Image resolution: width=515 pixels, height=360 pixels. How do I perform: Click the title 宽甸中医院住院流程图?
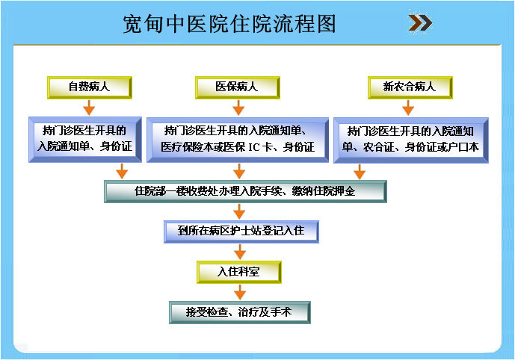tap(229, 24)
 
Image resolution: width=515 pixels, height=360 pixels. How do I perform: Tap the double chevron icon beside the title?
tap(420, 23)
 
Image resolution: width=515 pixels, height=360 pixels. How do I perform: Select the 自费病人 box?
tap(90, 87)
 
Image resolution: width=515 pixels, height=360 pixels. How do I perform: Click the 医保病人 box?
tap(238, 87)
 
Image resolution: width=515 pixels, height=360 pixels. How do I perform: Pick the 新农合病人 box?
tap(410, 87)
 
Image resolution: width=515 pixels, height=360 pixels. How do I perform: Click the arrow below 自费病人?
tap(89, 108)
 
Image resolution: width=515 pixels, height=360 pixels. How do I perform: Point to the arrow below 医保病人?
tap(238, 108)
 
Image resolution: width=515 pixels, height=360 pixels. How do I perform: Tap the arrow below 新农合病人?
tap(408, 108)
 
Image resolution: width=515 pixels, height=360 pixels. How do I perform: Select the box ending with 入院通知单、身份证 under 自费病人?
tap(85, 140)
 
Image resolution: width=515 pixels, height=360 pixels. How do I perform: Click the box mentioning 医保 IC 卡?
tap(238, 140)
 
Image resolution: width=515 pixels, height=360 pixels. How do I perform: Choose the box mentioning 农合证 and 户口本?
tap(411, 140)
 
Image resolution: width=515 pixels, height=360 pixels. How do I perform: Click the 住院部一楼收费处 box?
tap(245, 191)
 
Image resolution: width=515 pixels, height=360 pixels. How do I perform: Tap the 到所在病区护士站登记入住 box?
tap(241, 232)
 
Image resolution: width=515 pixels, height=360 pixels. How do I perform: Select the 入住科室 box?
tap(239, 272)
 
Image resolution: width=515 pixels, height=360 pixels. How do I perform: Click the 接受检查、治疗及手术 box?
tap(240, 312)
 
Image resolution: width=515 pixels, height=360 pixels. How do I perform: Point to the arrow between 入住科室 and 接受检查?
tap(240, 292)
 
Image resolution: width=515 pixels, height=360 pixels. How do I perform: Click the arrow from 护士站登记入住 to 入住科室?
tap(240, 252)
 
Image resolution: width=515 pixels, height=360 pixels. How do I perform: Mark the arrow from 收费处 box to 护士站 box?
tap(239, 211)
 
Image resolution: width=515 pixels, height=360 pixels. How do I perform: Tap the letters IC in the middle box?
tap(254, 147)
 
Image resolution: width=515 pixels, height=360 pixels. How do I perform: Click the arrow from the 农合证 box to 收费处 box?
tap(360, 172)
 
